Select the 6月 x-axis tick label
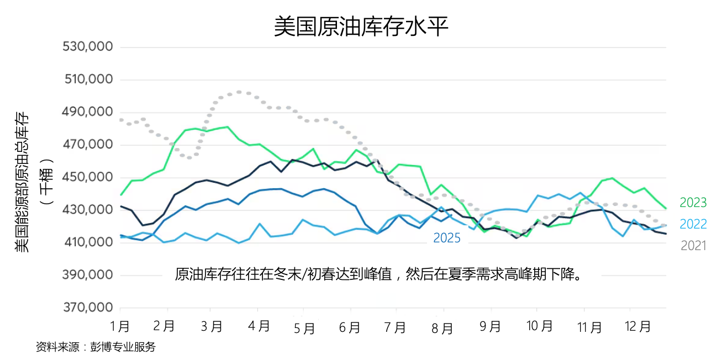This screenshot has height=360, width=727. click(350, 327)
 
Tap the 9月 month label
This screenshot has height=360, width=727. click(490, 326)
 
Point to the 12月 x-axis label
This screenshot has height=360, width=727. click(637, 326)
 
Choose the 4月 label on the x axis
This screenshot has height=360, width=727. click(259, 326)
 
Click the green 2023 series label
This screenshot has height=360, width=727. click(693, 203)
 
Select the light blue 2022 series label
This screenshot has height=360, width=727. click(693, 224)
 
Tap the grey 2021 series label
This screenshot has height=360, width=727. click(693, 246)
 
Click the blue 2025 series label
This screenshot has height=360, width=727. click(446, 238)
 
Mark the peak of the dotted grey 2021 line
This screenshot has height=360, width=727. click(239, 92)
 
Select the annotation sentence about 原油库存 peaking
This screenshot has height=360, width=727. click(378, 274)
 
